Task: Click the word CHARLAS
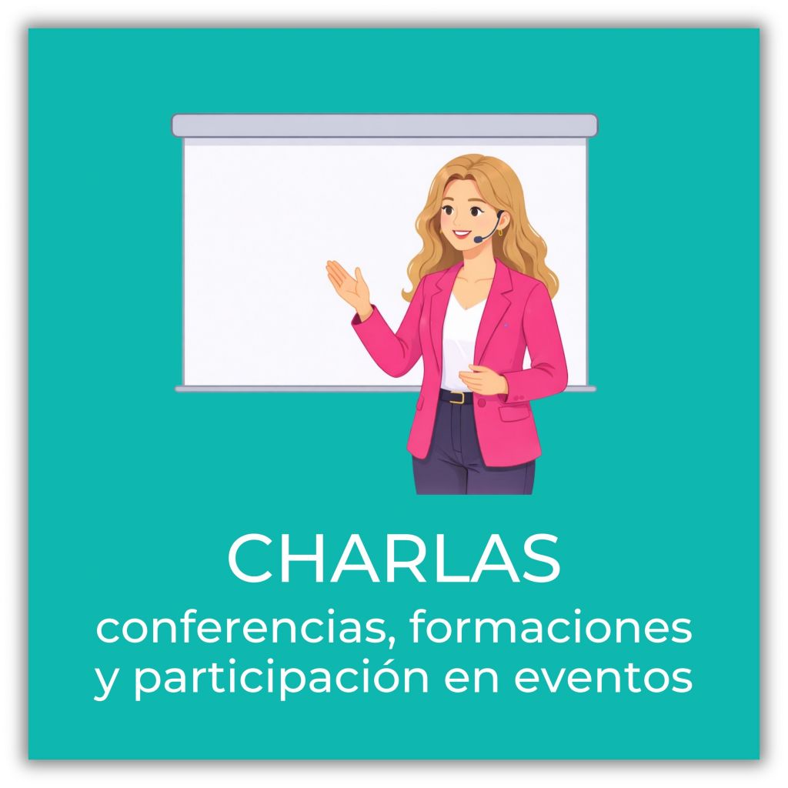point(393,558)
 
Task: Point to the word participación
point(282,678)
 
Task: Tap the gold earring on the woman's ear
point(500,232)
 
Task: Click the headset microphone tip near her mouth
point(478,240)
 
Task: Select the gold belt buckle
point(457,397)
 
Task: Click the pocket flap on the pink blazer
point(513,412)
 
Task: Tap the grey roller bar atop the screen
point(385,125)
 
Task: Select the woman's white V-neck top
point(461,342)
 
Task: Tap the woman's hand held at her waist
point(482,379)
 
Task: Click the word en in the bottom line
point(472,679)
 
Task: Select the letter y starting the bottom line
point(107,683)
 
